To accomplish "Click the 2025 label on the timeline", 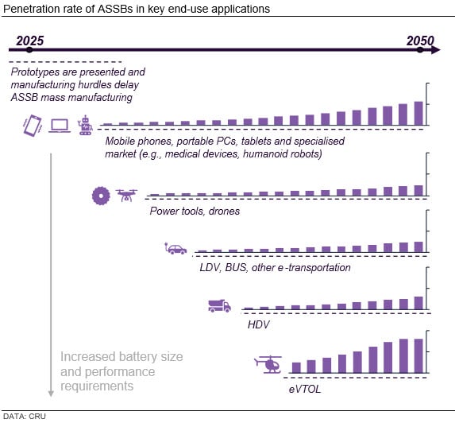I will [29, 40].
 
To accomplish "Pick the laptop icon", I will [60, 124].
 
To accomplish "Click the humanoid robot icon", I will [85, 124].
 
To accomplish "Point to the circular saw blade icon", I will [101, 194].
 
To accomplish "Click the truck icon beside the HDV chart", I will [219, 305].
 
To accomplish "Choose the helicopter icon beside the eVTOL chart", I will [268, 364].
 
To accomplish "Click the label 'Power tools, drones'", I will [195, 211].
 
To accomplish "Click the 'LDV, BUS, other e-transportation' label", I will [275, 267].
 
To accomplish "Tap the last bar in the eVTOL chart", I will [418, 355].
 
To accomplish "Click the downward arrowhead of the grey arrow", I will [51, 390].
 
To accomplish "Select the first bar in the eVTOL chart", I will [296, 367].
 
